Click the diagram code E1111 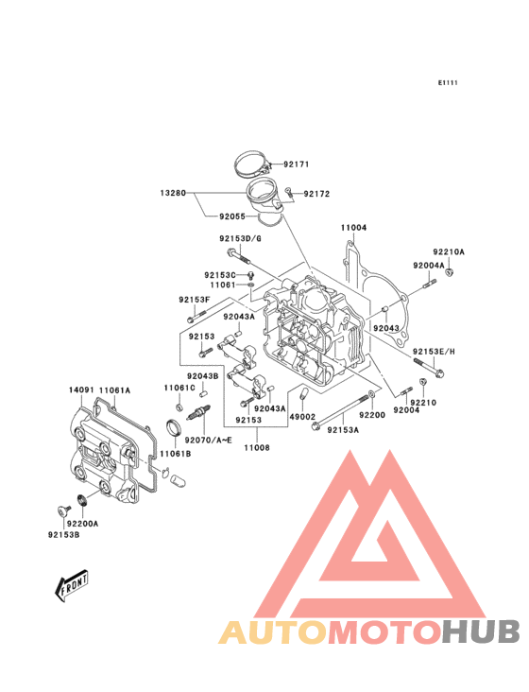click(x=447, y=83)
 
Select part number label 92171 click(x=296, y=164)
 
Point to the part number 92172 click(x=316, y=194)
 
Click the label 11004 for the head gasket click(x=354, y=228)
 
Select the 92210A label click(x=449, y=251)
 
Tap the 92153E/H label click(x=434, y=351)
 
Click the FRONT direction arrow click(x=72, y=586)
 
